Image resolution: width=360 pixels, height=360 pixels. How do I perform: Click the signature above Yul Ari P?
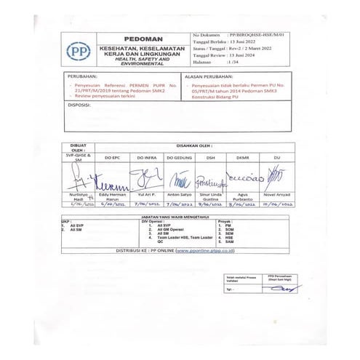click(x=145, y=176)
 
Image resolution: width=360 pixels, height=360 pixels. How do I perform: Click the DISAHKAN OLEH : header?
click(x=193, y=145)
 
